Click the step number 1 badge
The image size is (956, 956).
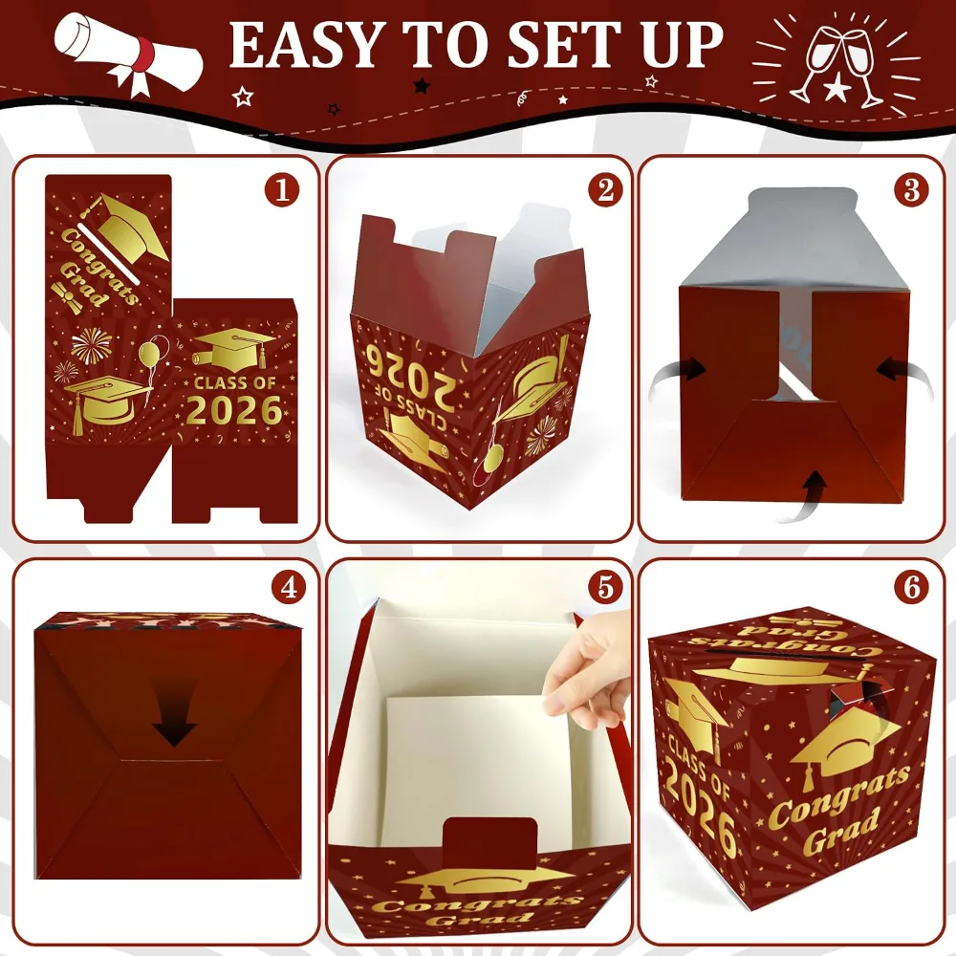pos(282,190)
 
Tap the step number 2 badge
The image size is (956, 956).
pos(605,190)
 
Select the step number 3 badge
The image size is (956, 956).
pos(911,190)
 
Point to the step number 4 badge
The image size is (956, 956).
pos(289,587)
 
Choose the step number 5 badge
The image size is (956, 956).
pos(605,587)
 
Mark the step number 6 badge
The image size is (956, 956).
pos(911,587)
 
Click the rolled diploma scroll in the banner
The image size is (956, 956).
pos(127,52)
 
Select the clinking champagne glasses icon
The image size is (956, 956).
pos(836,64)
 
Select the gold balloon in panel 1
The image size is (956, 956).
pos(150,352)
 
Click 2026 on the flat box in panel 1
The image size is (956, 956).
pos(234,410)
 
